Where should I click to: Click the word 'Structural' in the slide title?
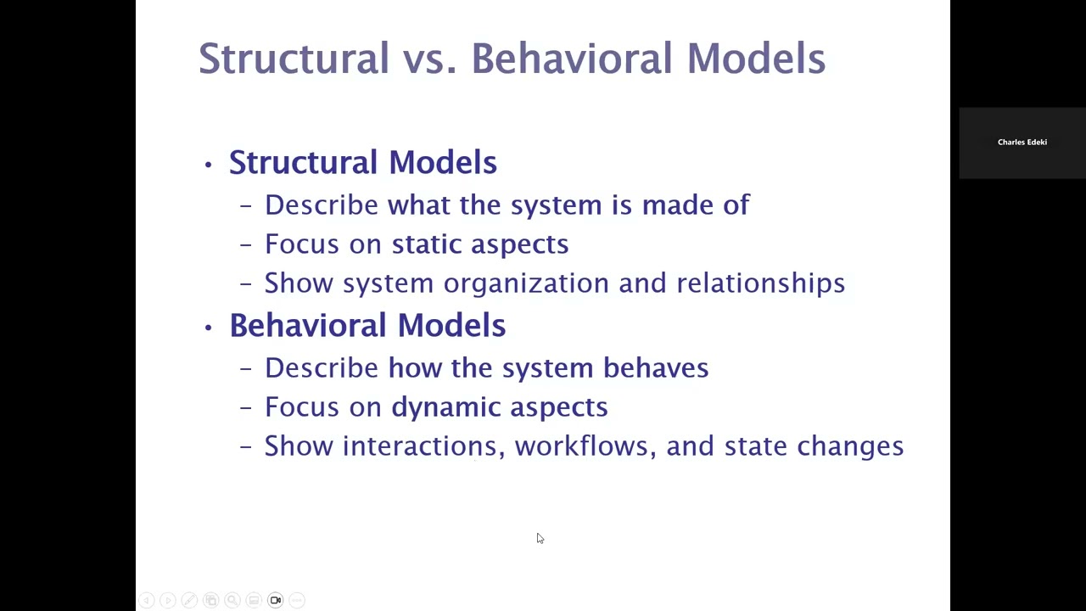click(294, 59)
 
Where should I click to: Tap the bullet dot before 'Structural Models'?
click(208, 164)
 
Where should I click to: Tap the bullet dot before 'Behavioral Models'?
click(208, 327)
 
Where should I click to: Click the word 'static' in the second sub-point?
click(426, 244)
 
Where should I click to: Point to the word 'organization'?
click(525, 283)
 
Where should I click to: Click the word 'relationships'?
click(760, 283)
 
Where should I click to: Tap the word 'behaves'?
click(655, 368)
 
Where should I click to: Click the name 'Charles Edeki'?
click(1022, 143)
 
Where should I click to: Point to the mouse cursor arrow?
click(540, 538)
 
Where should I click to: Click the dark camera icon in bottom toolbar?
click(275, 600)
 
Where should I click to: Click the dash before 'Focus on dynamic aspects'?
click(246, 408)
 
